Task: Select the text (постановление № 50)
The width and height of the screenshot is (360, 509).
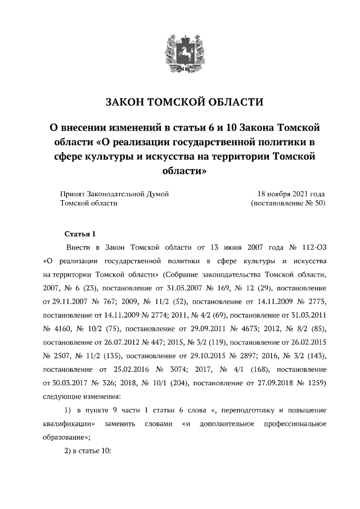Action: [287, 203]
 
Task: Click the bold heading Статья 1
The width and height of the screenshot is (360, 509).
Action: [81, 233]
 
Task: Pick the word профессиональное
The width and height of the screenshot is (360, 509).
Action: [295, 423]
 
